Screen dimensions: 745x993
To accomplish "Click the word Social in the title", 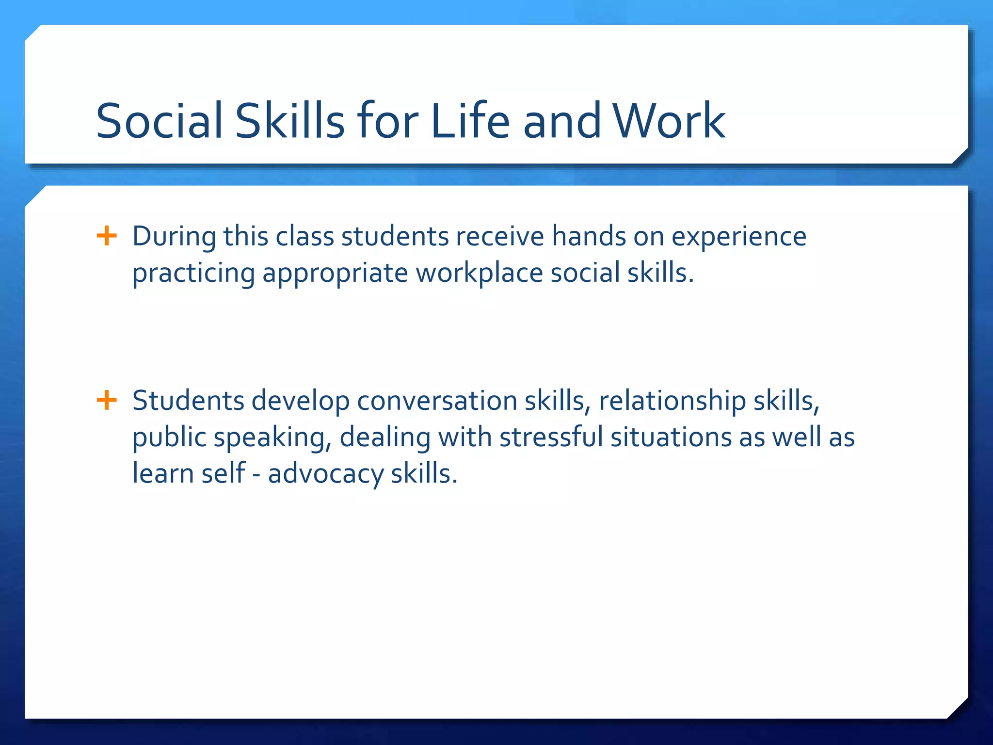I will (159, 121).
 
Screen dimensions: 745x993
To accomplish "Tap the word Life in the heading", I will (469, 121).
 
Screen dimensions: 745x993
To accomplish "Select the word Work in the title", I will (669, 121).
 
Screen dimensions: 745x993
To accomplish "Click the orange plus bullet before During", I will (107, 236).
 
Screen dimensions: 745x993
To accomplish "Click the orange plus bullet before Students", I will (107, 401).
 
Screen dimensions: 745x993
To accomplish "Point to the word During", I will (174, 236).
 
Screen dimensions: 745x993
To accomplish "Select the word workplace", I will (479, 273).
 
